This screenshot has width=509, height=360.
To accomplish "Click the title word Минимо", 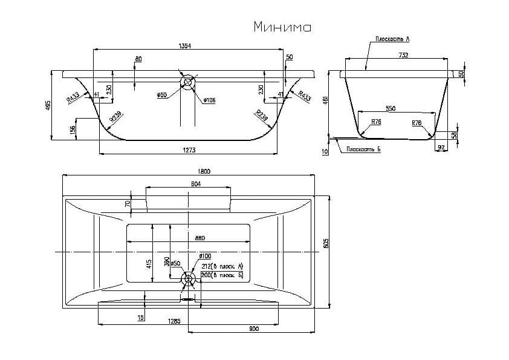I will click(282, 27).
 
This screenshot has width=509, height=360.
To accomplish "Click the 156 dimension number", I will click(73, 129).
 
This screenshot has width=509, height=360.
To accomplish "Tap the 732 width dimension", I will click(404, 56).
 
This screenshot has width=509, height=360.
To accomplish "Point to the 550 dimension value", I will click(391, 108).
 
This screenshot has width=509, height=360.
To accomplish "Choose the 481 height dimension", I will click(326, 100).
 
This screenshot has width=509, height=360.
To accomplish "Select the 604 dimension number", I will click(195, 184).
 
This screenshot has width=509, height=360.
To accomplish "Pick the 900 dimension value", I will click(253, 329).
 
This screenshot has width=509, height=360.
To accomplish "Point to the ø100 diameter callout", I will click(205, 257).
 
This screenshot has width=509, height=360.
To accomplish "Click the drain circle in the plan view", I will click(188, 279).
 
